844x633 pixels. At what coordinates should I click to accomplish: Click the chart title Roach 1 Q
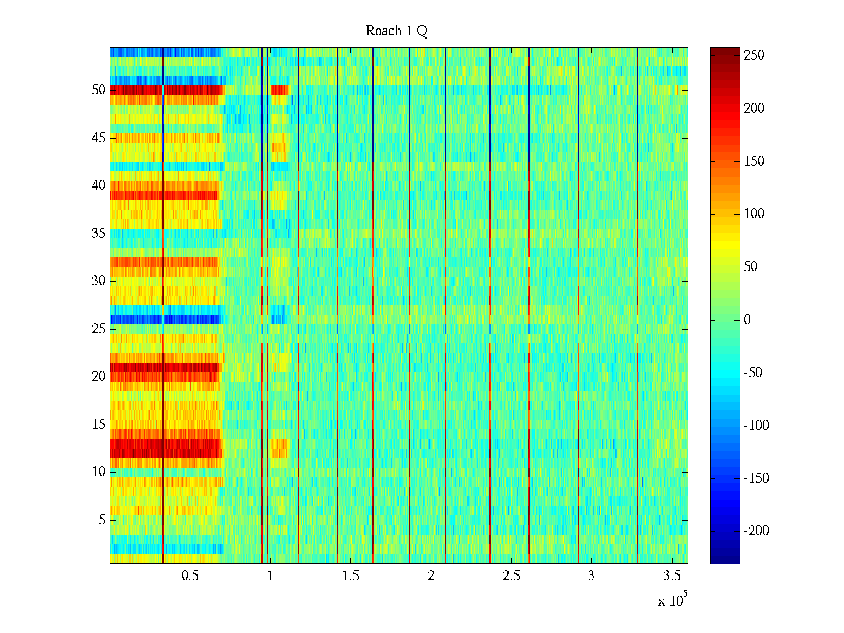point(396,31)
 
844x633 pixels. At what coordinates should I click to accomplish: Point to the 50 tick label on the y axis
point(99,90)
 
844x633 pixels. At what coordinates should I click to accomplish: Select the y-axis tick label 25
point(99,329)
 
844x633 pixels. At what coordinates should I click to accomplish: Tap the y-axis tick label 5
point(102,520)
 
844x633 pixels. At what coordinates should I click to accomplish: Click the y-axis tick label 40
point(99,186)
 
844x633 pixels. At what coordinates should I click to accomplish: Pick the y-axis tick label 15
point(99,425)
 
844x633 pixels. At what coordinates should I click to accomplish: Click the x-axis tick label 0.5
point(190,576)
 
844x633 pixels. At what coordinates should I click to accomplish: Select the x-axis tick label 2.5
point(511,576)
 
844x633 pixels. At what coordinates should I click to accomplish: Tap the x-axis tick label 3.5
point(672,576)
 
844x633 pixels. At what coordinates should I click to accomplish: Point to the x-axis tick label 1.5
point(350,576)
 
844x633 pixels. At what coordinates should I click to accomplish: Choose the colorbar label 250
point(754,55)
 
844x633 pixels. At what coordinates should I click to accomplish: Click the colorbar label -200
point(756,531)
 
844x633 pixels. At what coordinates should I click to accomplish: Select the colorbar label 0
point(747,320)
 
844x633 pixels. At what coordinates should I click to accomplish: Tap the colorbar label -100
point(756,426)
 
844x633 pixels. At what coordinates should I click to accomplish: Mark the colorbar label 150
point(754,161)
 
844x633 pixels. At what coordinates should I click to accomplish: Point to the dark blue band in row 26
point(137,320)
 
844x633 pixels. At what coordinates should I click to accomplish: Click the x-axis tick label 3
point(591,576)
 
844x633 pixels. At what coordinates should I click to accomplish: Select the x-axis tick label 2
point(431,576)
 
